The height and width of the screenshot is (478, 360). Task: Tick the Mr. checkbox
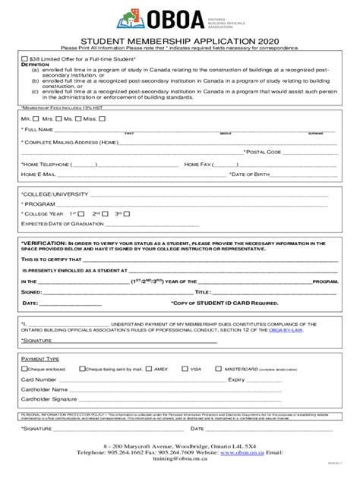(x=36, y=119)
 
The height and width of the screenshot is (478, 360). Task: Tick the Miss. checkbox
(x=100, y=119)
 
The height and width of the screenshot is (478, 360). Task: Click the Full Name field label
(x=36, y=130)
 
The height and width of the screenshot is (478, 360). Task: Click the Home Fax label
(x=197, y=163)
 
